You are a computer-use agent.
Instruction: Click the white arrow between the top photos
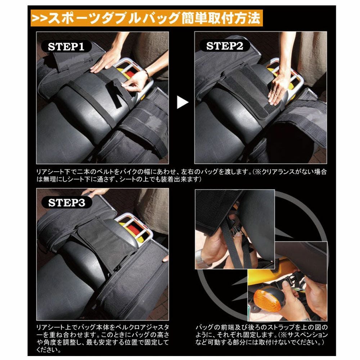183,103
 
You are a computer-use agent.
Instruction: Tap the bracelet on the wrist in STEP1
146,74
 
